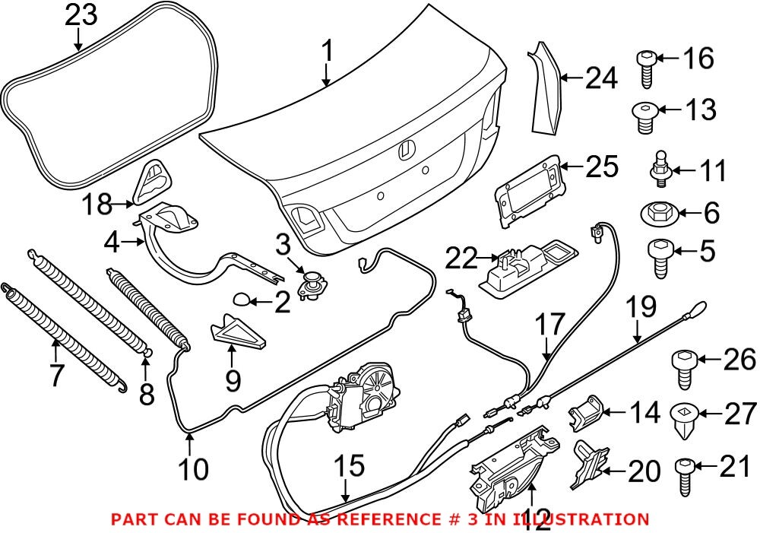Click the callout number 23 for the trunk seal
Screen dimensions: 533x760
point(81,15)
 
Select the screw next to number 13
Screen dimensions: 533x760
point(644,117)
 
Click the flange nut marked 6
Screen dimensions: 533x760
point(658,213)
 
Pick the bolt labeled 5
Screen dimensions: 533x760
point(658,252)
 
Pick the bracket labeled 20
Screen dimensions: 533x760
point(589,464)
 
